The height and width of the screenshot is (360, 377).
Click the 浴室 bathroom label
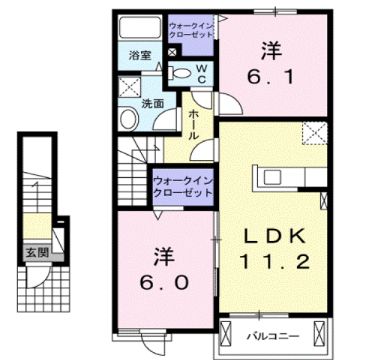pos(140,56)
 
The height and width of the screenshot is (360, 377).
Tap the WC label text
pos(200,74)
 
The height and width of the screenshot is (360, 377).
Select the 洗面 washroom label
pos(152,103)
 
